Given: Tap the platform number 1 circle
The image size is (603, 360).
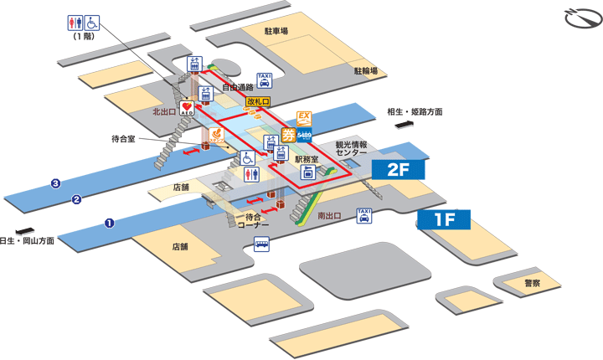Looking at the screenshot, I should pos(109,222).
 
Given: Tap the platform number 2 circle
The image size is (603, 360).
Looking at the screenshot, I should pos(76,199).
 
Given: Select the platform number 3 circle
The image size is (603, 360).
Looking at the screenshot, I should pos(55,183).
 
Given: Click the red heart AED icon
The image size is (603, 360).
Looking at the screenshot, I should pos(186,106).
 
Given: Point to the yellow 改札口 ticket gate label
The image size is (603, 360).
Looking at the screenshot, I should pos(258,101).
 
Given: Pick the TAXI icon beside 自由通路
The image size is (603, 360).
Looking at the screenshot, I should pos(265,80).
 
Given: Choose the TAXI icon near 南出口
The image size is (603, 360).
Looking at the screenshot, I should pos(363,216).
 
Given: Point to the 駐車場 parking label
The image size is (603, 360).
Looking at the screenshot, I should pos(276,31).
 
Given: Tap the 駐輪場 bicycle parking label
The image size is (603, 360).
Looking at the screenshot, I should pos(365,71).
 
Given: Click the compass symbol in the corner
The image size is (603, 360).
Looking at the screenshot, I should pos(577,18).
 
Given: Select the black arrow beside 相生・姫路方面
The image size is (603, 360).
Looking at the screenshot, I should pos(405,124).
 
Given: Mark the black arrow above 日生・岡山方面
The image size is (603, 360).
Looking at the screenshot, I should pos(24,230).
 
